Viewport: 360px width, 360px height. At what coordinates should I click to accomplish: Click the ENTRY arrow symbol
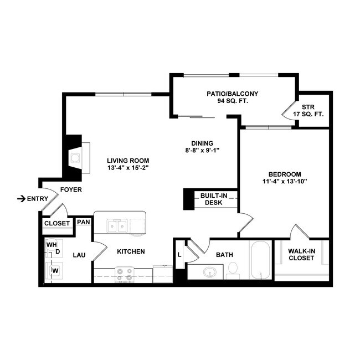point(21,198)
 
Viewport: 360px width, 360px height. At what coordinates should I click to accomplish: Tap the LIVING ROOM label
point(128,161)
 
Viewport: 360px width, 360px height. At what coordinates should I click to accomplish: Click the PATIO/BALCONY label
point(232,94)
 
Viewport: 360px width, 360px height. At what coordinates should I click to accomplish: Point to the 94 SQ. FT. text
point(232,102)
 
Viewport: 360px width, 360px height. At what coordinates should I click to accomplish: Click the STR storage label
point(308,107)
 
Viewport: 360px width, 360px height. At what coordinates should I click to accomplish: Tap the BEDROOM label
point(285,173)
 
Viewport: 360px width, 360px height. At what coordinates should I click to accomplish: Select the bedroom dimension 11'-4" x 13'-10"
point(285,181)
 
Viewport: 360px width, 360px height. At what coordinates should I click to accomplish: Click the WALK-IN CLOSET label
point(302,255)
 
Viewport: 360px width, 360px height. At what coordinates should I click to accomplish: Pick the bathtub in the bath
point(260,260)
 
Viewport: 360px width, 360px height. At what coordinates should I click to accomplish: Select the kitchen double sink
point(118,225)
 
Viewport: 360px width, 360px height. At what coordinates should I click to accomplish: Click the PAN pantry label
point(84,222)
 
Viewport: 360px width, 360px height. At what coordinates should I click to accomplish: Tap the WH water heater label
point(52,244)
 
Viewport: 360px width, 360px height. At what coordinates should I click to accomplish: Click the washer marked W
point(55,270)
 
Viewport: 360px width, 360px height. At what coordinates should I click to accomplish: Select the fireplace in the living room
point(77,157)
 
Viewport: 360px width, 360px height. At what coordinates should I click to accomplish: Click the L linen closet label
point(180,254)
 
